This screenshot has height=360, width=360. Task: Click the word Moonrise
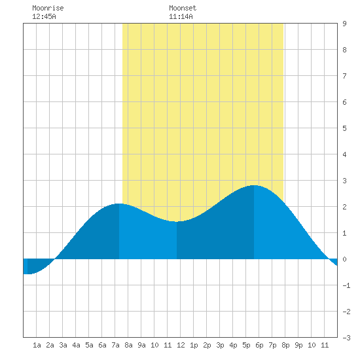coord(48,8)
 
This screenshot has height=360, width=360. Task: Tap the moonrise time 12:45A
coord(44,16)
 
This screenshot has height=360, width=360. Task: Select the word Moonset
coord(183,8)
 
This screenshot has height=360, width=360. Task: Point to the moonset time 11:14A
coord(181,16)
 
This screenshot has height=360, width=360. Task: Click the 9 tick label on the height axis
coord(344,24)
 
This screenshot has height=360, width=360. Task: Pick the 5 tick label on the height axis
coord(344,128)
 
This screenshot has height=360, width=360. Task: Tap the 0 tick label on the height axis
coord(344,259)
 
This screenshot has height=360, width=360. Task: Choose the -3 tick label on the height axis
coord(346,338)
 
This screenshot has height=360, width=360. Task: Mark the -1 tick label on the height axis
coord(346,285)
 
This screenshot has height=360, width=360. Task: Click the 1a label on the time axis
coord(37,345)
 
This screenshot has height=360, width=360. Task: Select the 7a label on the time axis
coord(115,345)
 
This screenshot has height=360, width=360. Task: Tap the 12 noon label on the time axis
coord(181,345)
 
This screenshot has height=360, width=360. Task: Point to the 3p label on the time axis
coord(220,345)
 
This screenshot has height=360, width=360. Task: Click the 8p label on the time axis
coord(285,345)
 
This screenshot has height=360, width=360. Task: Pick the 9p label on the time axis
coord(298,345)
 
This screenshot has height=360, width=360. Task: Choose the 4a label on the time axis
coord(76,345)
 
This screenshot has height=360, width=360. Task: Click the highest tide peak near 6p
coord(254,185)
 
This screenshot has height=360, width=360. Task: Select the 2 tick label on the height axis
coord(344,207)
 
